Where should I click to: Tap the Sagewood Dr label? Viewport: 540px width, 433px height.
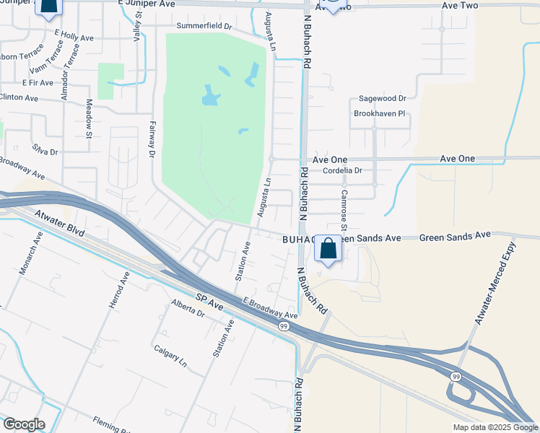383,98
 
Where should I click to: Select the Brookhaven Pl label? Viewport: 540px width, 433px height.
380,113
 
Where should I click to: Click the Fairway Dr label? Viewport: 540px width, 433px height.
152,139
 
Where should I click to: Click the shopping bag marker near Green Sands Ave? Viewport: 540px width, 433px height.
328,250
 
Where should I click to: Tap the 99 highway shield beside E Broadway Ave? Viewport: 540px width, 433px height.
284,326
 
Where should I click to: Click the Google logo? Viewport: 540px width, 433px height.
23,424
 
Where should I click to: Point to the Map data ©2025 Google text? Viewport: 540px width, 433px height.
495,427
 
